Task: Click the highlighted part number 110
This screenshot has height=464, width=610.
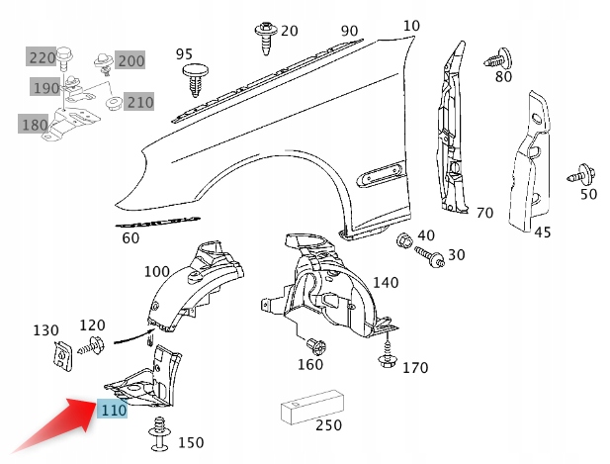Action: tap(112, 410)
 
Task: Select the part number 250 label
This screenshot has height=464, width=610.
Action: tap(327, 425)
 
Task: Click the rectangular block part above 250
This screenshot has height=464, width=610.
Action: tap(310, 406)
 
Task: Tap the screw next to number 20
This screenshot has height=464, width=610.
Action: tap(264, 35)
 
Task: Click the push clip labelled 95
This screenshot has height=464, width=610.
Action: tap(194, 79)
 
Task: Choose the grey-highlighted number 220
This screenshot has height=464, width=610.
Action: tap(42, 57)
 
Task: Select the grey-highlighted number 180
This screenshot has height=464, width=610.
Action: tap(34, 124)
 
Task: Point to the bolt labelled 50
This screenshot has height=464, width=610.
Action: tap(577, 177)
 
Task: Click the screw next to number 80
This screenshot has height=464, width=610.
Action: tap(496, 58)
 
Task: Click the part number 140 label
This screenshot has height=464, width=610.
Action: tap(386, 283)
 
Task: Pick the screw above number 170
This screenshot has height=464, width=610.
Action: tap(388, 355)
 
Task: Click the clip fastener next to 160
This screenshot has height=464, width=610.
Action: tap(316, 346)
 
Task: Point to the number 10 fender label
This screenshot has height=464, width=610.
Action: tap(411, 26)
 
